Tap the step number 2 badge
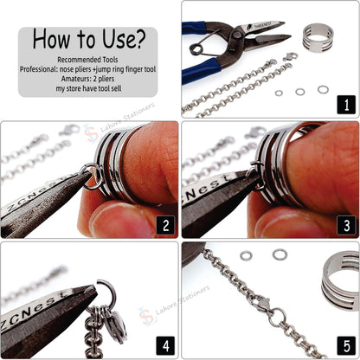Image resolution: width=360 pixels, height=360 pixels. [164, 226]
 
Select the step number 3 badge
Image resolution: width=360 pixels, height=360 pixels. [344, 226]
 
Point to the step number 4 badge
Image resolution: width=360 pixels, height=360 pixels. [164, 346]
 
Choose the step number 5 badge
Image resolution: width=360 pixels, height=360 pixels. [344, 346]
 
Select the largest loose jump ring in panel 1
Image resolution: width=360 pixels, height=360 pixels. [323, 88]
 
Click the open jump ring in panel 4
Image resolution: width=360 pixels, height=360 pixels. [106, 287]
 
